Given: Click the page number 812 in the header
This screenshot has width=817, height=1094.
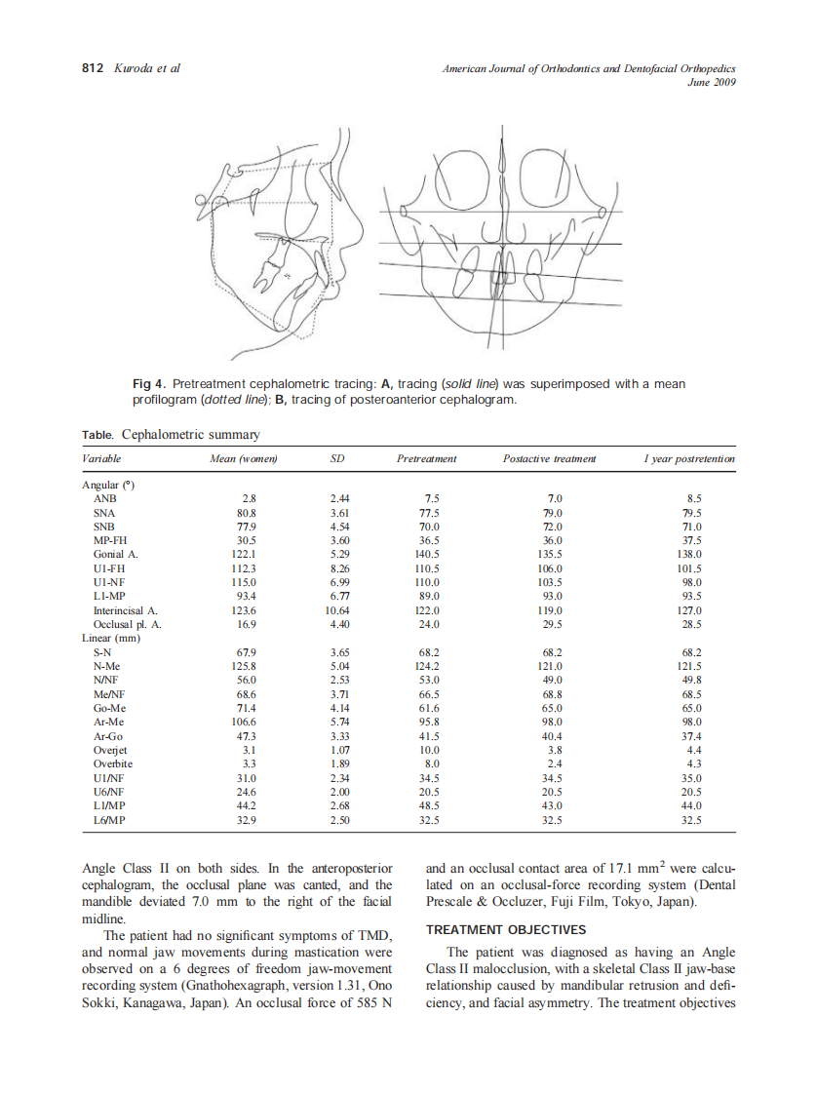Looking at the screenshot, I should click(92, 68).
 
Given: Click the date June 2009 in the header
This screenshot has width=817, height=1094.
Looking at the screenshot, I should click(711, 83).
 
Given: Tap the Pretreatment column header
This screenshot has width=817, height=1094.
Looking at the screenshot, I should click(426, 458).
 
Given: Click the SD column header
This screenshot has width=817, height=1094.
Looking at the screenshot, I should click(339, 458).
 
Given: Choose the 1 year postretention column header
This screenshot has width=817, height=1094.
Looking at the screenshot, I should click(688, 458).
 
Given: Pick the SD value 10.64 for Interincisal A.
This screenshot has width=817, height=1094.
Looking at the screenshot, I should click(338, 610).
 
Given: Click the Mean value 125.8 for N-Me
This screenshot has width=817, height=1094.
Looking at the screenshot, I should click(245, 666).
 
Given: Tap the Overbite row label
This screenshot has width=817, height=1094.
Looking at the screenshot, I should click(110, 764).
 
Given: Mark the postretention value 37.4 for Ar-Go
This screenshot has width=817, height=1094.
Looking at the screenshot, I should click(690, 736).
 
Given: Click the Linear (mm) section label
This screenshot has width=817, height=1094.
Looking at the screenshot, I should click(110, 638).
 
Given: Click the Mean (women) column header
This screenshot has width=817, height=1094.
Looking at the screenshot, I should click(245, 458).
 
